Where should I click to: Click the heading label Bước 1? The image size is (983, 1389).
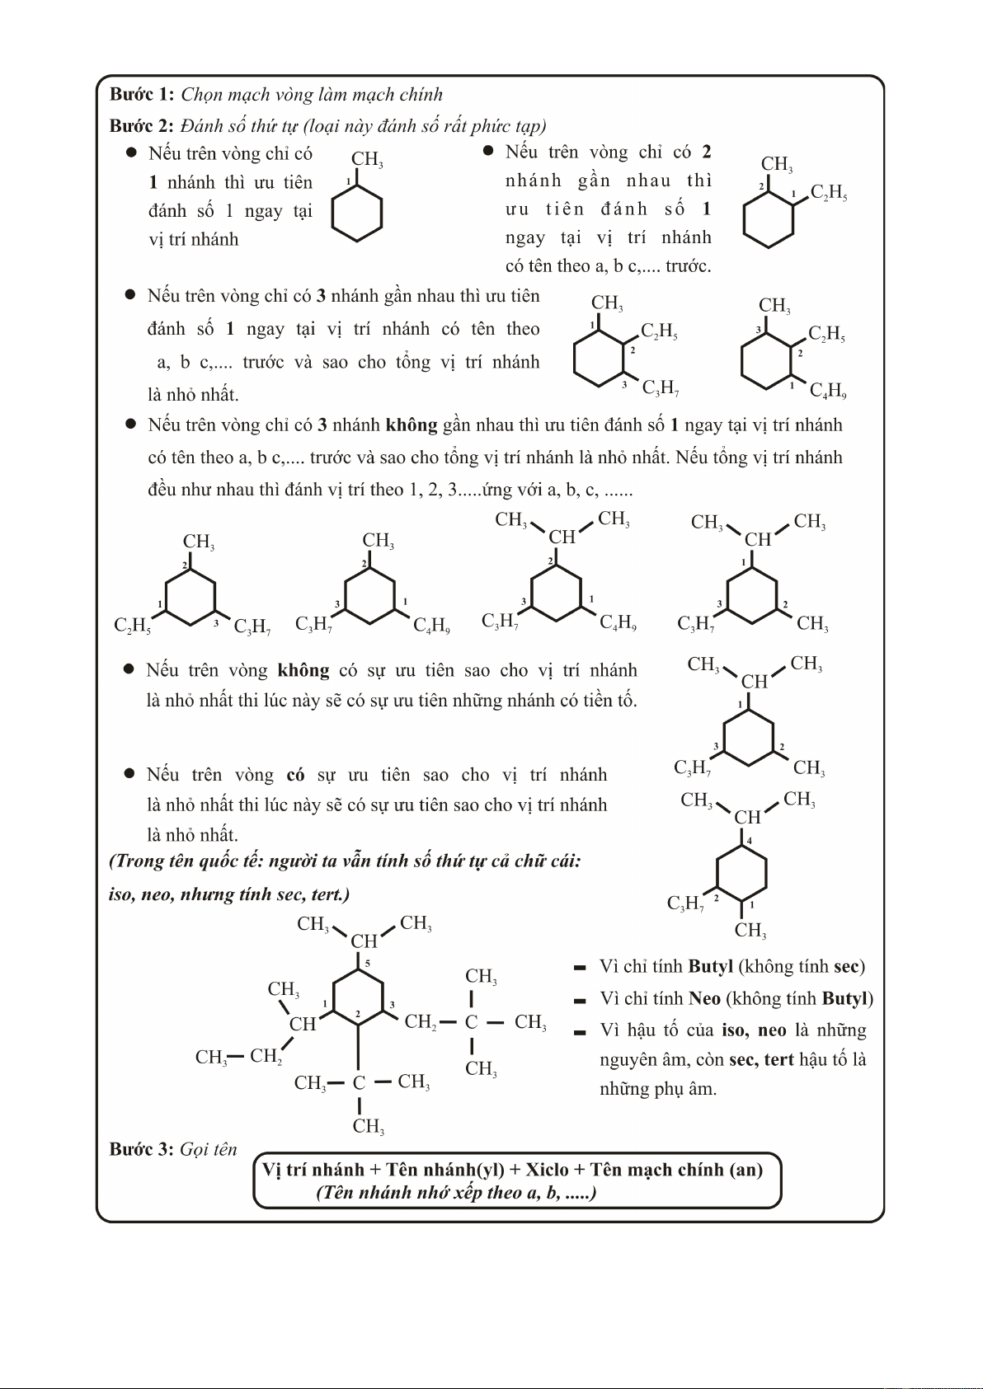(141, 94)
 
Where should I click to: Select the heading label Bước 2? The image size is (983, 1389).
(141, 126)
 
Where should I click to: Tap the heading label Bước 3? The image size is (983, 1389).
(141, 1149)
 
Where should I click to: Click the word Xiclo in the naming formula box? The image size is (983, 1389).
(547, 1170)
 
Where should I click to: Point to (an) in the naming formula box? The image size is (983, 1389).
(745, 1170)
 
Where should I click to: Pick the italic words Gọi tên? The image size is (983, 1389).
(208, 1149)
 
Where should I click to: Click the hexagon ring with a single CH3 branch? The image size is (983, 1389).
(356, 213)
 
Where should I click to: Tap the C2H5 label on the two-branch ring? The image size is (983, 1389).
(828, 193)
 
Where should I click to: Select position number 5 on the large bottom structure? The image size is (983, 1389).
(367, 963)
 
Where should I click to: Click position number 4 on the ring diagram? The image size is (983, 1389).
(749, 841)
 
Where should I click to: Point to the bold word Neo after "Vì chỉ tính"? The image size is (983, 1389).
(704, 998)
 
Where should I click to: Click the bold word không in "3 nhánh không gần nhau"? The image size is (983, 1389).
(411, 425)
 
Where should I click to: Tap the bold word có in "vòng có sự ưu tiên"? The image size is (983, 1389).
(295, 775)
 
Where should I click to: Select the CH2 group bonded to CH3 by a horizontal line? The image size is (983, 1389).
(266, 1056)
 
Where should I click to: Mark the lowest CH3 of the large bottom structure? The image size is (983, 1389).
(368, 1126)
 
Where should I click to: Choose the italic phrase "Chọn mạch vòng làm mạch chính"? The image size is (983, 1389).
(312, 94)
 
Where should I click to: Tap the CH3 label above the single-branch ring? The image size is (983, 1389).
(366, 160)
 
